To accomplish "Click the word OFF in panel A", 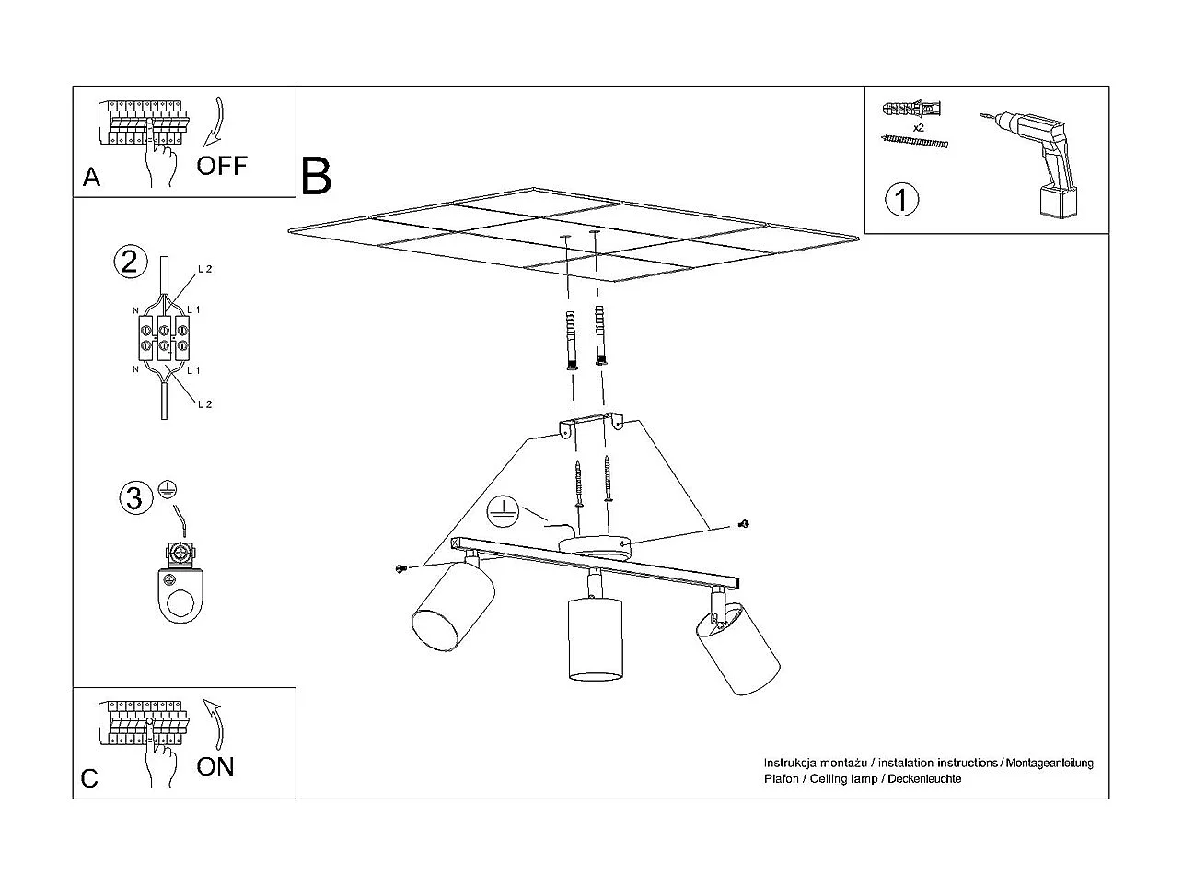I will (x=222, y=166).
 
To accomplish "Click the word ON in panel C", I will (x=215, y=766).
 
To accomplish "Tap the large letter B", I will (x=316, y=176).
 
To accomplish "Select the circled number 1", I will (x=901, y=199).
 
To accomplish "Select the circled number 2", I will (x=130, y=262).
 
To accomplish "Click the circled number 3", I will (x=134, y=498).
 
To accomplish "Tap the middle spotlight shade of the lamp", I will (x=594, y=638).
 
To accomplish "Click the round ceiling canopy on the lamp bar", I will (x=596, y=544).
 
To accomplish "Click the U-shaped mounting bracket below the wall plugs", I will (x=590, y=423).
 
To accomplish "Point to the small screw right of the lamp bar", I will (x=744, y=524).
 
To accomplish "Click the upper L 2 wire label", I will (x=204, y=269).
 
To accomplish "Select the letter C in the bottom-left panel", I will (x=89, y=779).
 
